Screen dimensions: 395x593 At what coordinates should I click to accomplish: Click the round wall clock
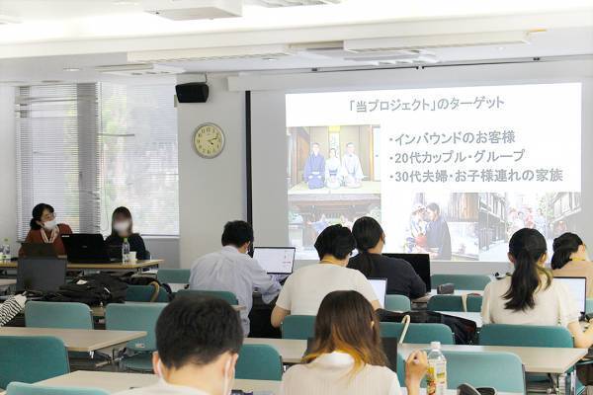(x=209, y=140)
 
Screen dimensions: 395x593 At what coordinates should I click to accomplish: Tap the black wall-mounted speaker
(x=192, y=92)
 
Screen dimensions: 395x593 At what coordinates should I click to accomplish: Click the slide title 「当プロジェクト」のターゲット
(x=440, y=103)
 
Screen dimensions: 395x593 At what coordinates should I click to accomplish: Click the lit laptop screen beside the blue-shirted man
(x=275, y=260)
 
